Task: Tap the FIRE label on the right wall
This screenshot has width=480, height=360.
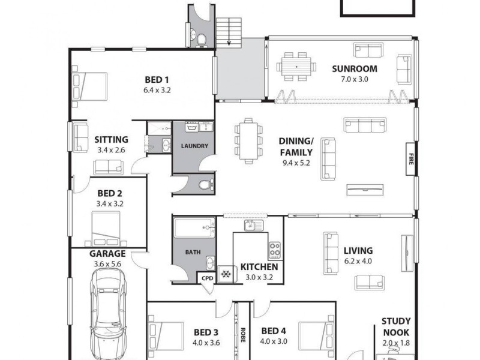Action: [410, 160]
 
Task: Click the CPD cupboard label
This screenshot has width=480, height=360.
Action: [206, 278]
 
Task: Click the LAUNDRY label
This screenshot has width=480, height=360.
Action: [194, 146]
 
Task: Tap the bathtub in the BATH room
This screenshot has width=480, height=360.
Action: [194, 229]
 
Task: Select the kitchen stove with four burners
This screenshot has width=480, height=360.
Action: [275, 249]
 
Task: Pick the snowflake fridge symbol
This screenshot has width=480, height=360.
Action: [226, 274]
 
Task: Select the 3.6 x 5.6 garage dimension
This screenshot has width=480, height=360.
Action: [107, 263]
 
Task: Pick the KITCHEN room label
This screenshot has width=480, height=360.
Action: [259, 267]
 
